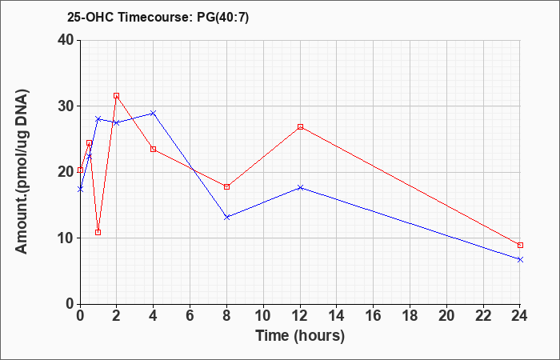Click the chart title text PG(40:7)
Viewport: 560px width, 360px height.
tap(223, 18)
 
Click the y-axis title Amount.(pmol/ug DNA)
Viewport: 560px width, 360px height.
tap(22, 172)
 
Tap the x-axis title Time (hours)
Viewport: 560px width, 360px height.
tap(300, 336)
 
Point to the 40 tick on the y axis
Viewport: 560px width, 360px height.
tap(66, 40)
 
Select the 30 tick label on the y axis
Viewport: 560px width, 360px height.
tap(66, 106)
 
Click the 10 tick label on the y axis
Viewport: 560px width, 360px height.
tap(66, 238)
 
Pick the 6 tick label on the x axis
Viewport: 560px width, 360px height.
tap(190, 316)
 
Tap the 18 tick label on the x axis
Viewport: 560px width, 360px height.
tap(410, 316)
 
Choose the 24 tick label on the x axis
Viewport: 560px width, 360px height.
tap(520, 316)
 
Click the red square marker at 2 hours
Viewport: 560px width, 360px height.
tap(117, 96)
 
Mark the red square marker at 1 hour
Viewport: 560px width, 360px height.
tap(98, 233)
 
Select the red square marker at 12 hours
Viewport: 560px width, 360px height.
tap(300, 126)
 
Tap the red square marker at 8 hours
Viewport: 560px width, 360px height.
tap(226, 186)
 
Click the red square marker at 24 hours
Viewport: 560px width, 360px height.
tap(520, 245)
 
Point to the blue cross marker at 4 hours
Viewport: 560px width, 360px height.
tap(154, 114)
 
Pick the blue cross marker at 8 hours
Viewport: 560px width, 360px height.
tap(226, 217)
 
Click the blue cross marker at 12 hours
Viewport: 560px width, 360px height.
tap(300, 187)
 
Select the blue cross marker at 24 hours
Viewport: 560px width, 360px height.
tap(520, 260)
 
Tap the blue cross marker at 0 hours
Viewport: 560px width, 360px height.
tap(80, 190)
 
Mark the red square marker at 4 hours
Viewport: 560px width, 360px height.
tap(154, 149)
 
